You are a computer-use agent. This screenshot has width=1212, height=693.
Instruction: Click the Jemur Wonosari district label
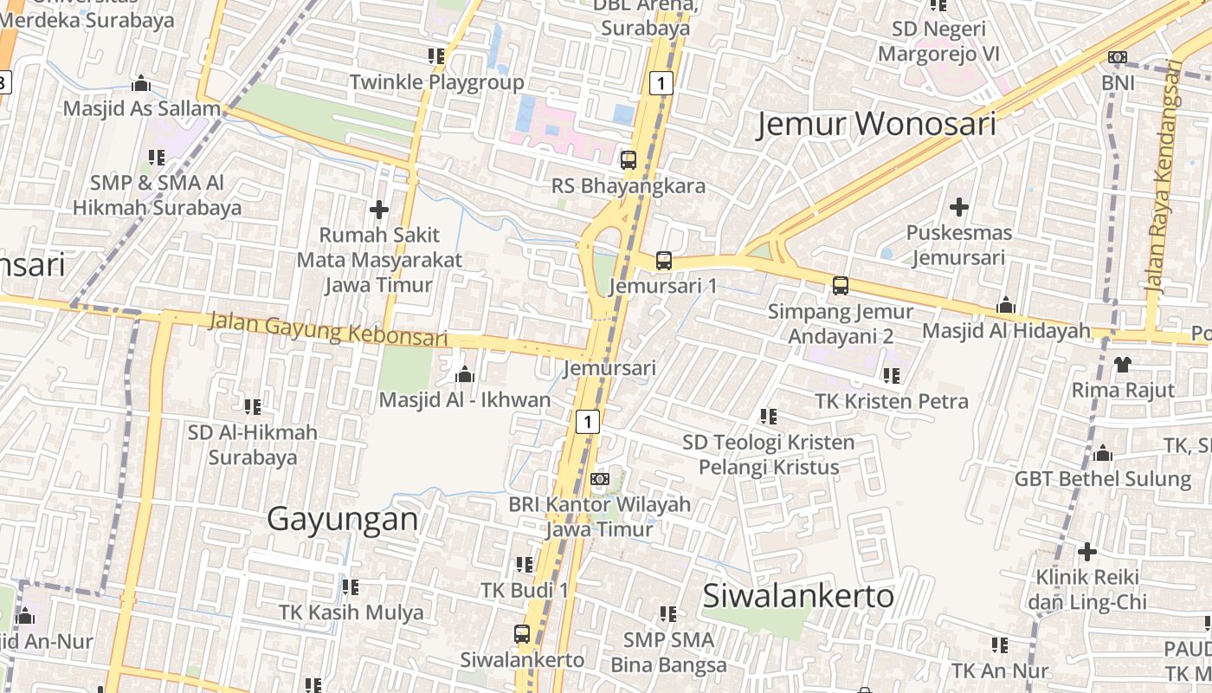tap(876, 124)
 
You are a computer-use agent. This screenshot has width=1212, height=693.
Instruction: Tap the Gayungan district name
tap(342, 519)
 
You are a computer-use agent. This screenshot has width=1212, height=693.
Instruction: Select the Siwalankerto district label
tap(798, 595)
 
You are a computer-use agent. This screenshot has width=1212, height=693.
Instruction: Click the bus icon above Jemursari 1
tap(664, 260)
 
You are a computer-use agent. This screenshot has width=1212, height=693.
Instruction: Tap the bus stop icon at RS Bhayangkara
tap(629, 160)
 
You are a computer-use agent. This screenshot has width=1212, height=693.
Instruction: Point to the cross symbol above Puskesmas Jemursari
tap(958, 207)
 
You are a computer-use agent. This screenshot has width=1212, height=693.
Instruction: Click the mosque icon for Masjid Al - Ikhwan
tap(465, 374)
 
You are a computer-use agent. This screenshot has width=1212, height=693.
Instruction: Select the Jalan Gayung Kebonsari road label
tap(328, 330)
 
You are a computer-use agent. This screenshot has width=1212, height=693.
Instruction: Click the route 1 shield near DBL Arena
tap(661, 83)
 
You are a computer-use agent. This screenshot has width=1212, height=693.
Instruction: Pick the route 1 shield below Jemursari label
tap(587, 422)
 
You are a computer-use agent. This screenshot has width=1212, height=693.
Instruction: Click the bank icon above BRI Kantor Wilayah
tap(599, 478)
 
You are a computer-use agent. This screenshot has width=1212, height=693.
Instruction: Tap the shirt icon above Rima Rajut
tap(1123, 364)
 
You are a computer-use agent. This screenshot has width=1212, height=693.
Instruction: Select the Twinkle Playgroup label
tap(436, 82)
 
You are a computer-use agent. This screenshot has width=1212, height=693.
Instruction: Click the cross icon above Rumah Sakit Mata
tap(378, 209)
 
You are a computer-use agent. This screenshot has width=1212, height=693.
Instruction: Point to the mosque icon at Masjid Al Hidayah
tap(1005, 305)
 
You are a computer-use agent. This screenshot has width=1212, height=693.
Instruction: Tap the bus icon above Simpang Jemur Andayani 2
tap(840, 286)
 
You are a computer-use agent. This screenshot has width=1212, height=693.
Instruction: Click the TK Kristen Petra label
tap(892, 401)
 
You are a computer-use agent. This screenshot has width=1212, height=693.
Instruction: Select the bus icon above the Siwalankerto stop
tap(522, 633)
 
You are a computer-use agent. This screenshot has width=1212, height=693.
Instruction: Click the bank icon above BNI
tap(1118, 57)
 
